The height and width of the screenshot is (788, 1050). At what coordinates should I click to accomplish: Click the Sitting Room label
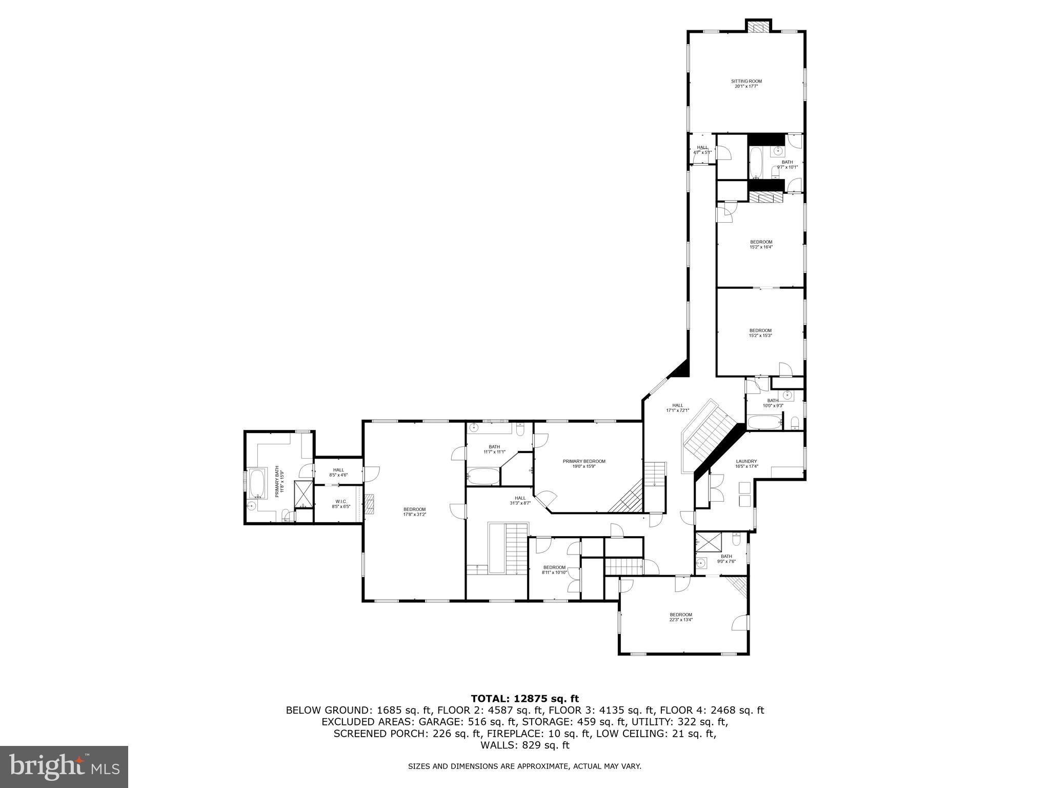[x=746, y=84]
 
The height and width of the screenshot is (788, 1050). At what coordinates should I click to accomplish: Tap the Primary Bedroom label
[x=584, y=464]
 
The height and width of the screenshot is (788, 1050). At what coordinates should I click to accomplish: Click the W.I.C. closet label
[x=340, y=504]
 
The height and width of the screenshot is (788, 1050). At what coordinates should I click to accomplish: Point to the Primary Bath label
[x=278, y=481]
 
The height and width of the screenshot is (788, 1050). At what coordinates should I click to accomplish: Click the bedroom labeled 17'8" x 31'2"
[x=414, y=511]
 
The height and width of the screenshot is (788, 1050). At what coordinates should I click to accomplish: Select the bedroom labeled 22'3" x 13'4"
[x=681, y=617]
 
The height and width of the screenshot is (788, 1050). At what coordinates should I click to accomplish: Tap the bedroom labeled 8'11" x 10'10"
[x=554, y=569]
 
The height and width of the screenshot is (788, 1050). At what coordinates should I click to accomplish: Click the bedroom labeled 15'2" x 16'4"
[x=761, y=244]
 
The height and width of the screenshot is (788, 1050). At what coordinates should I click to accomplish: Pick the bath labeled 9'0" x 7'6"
[x=726, y=559]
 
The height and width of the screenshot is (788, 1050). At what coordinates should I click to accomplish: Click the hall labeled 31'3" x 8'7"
[x=520, y=500]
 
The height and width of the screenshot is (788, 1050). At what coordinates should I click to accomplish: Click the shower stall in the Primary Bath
[x=303, y=494]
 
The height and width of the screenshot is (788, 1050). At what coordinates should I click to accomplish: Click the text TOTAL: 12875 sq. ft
[x=524, y=698]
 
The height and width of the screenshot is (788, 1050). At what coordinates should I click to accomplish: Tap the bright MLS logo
[x=64, y=766]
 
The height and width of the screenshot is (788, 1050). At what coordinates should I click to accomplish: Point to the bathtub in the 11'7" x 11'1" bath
[x=482, y=477]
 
